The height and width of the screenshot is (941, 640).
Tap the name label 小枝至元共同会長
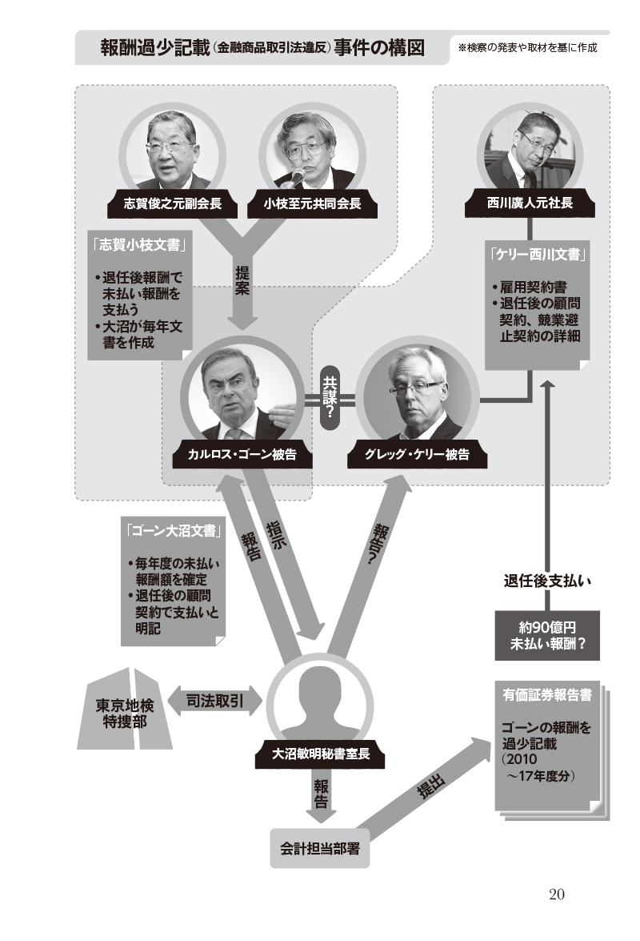tap(312, 204)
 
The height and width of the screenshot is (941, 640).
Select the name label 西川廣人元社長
tap(530, 203)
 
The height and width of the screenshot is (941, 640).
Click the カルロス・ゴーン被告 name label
tap(242, 455)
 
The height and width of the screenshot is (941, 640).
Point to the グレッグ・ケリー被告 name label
tap(417, 455)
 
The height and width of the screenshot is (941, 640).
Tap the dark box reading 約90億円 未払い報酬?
tap(547, 636)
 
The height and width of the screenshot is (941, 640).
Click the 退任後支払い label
tap(547, 581)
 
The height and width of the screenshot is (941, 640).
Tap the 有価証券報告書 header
tap(547, 695)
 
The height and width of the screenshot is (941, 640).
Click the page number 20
tap(557, 895)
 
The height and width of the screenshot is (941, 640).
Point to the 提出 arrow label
tap(431, 786)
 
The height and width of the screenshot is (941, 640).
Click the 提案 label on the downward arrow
tap(242, 280)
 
